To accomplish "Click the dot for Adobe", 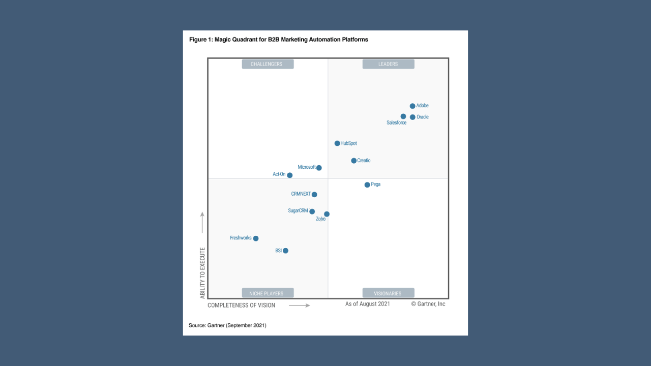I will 412,106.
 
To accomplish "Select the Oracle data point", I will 412,117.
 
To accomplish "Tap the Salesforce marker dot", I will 403,116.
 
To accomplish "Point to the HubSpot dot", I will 337,143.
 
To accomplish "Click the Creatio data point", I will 353,161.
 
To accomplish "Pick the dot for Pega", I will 367,185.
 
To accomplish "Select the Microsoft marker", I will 319,168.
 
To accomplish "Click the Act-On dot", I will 290,175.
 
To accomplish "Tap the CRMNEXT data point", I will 314,194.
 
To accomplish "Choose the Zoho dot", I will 327,214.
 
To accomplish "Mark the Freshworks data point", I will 256,238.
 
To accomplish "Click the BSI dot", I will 285,251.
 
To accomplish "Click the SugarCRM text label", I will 298,210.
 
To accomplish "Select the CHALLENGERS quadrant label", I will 268,64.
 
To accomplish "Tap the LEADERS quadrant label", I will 388,64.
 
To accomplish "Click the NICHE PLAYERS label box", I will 268,293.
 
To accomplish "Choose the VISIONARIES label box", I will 388,293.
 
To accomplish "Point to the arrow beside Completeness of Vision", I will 300,306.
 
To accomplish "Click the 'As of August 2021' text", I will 368,304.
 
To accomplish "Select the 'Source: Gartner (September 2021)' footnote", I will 227,325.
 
